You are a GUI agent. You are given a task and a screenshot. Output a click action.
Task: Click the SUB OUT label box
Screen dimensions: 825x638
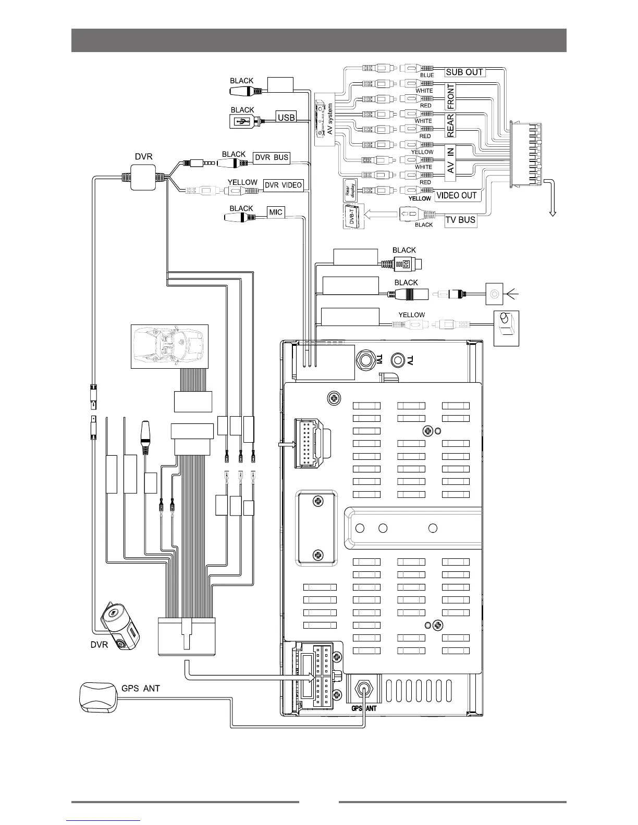(464, 72)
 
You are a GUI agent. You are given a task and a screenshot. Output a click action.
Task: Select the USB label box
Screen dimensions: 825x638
(286, 117)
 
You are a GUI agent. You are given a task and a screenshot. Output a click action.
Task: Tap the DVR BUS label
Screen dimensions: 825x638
(271, 158)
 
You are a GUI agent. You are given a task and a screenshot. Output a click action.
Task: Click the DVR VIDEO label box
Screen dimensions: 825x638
(283, 185)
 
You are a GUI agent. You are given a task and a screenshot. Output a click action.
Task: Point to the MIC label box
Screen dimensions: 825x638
(275, 212)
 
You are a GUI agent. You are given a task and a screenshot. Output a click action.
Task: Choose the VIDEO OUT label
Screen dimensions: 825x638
(456, 195)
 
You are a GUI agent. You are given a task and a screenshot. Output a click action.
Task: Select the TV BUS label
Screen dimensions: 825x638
(460, 220)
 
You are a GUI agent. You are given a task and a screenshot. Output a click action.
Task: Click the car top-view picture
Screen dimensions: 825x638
(169, 346)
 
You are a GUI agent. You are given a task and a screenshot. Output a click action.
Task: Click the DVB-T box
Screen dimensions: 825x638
(351, 216)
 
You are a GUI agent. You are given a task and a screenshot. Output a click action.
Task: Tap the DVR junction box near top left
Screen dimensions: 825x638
(143, 177)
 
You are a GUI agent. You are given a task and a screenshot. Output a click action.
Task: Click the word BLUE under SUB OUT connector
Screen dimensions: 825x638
(427, 76)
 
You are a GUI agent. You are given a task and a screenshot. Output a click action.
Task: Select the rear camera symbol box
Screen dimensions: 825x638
(506, 328)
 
